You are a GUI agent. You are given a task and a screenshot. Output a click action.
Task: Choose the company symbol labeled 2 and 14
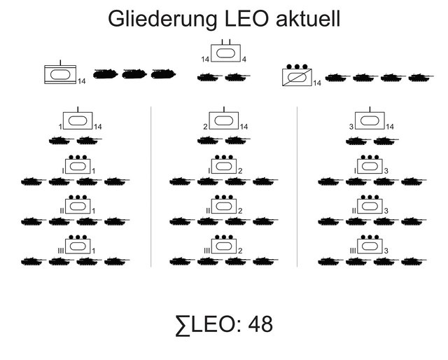click(x=225, y=120)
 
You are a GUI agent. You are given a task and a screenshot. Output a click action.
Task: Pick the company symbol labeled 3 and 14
click(x=368, y=120)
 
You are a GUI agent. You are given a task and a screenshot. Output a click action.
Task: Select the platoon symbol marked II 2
click(x=225, y=206)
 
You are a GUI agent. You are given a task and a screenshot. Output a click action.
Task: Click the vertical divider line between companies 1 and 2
click(x=151, y=186)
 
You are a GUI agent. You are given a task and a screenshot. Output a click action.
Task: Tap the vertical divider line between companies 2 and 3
click(x=297, y=186)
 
